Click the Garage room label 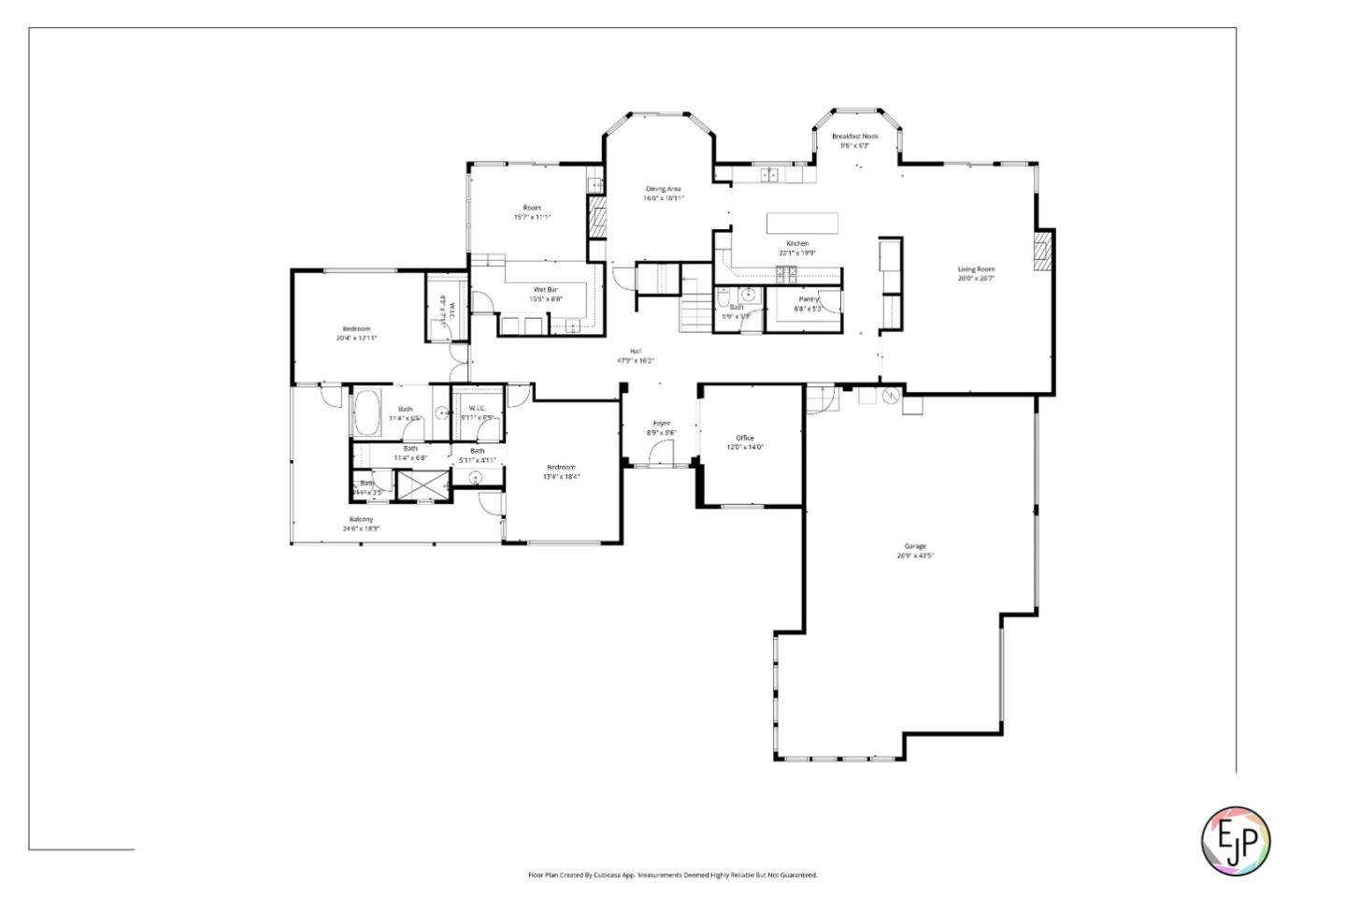[914, 546]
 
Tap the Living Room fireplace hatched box [1042, 250]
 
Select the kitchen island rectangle [802, 223]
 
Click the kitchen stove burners [786, 273]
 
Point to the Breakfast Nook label [854, 137]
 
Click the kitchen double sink [770, 174]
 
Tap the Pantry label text [809, 299]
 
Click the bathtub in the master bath [365, 412]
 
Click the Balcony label [362, 519]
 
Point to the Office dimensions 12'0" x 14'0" [745, 447]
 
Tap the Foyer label [661, 424]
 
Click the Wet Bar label [546, 290]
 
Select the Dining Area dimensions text [663, 198]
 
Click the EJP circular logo [1235, 840]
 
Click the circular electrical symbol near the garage [890, 397]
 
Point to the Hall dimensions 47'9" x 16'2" [635, 360]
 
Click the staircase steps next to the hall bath [695, 311]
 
